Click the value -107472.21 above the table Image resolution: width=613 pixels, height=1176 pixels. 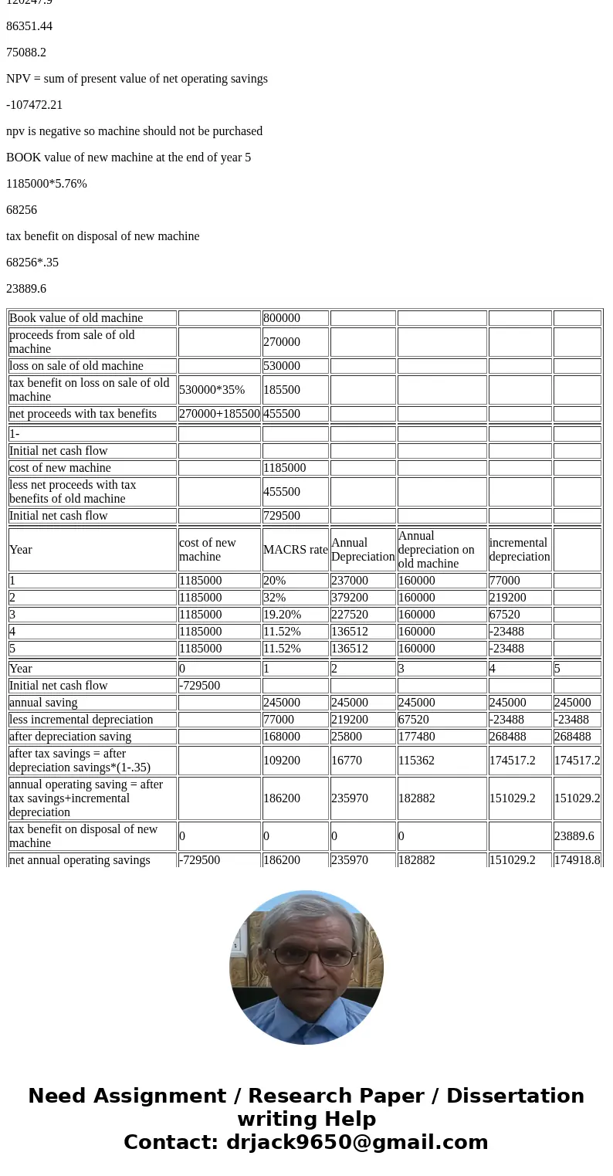pyautogui.click(x=34, y=105)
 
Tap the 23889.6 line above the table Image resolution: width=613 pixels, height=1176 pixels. pyautogui.click(x=26, y=289)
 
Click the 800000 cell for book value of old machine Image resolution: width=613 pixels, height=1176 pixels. pyautogui.click(x=282, y=318)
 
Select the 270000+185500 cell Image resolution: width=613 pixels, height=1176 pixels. pyautogui.click(x=219, y=414)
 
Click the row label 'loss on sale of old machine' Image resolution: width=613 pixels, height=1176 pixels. pyautogui.click(x=76, y=366)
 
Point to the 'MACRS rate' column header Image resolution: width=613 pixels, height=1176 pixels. pyautogui.click(x=295, y=550)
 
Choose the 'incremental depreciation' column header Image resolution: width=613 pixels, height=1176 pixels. pyautogui.click(x=519, y=550)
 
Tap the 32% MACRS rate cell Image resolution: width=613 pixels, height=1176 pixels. pyautogui.click(x=273, y=598)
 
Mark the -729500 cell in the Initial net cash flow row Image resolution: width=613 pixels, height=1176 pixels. pyautogui.click(x=198, y=686)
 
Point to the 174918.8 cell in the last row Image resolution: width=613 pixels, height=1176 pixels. pyautogui.click(x=577, y=860)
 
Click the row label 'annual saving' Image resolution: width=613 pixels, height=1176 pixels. pyautogui.click(x=43, y=703)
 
